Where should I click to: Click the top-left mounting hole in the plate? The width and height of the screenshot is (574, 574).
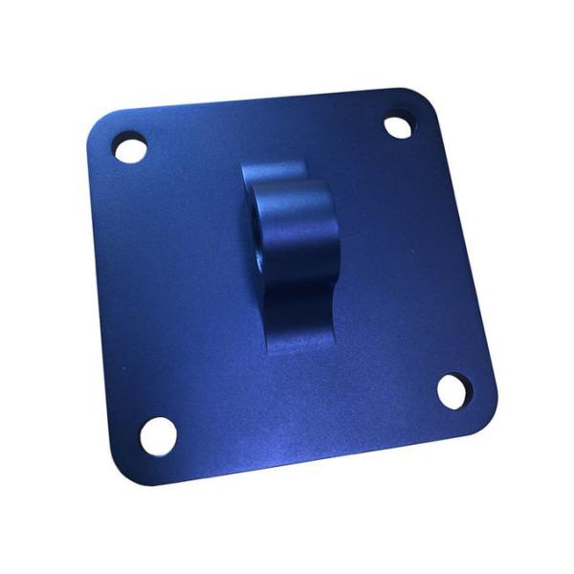(130, 149)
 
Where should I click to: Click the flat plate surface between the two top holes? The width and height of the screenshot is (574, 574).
(263, 134)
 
